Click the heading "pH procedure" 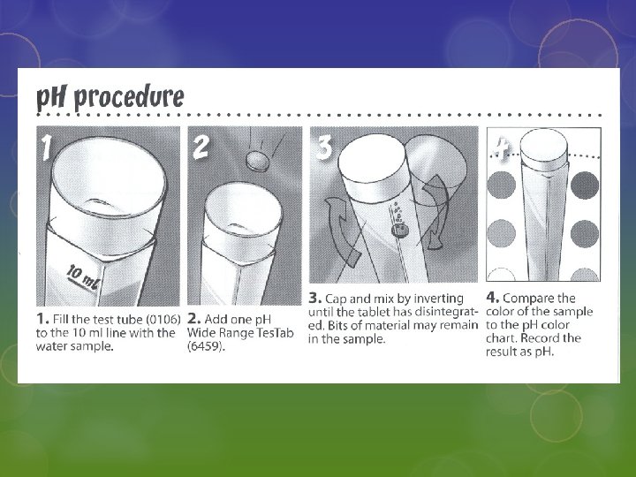tap(110, 98)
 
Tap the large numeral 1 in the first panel tap(46, 147)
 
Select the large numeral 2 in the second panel tap(200, 146)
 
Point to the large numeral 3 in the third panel tap(323, 147)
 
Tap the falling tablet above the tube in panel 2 tap(258, 160)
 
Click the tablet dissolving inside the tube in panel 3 tap(399, 231)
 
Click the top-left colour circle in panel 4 tap(502, 185)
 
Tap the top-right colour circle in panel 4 tap(585, 185)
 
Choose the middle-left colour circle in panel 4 tap(502, 233)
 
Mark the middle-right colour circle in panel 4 tap(585, 233)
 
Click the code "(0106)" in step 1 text tap(163, 320)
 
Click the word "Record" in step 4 tap(539, 338)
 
